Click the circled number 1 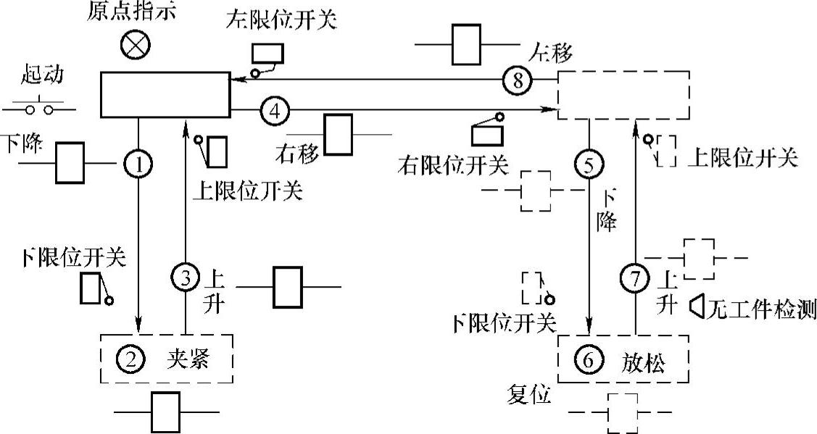coord(138,164)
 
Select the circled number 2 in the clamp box coord(130,358)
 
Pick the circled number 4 coord(274,111)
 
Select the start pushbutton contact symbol coord(40,109)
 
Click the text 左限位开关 coord(281,21)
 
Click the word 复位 coord(531,396)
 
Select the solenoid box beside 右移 coord(338,134)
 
